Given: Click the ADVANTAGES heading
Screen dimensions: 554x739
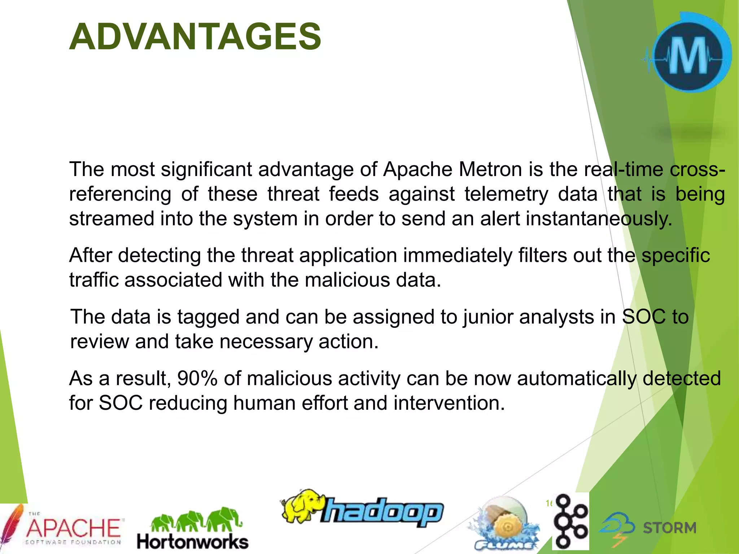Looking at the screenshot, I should [195, 37].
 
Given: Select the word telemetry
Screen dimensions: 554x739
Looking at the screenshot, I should [506, 194].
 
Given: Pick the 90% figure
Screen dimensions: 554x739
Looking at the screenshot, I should [197, 378].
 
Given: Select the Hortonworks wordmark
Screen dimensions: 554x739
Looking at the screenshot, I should [192, 542].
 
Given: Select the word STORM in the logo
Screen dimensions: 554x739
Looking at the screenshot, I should [669, 528].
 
